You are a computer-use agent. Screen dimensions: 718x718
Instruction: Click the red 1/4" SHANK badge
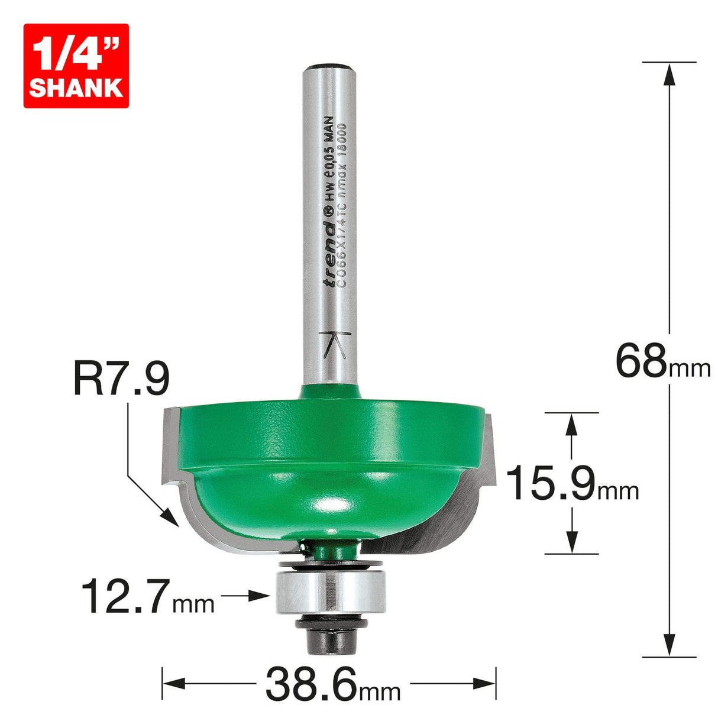tap(76, 66)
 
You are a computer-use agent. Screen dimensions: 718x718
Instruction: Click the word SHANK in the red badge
tap(76, 87)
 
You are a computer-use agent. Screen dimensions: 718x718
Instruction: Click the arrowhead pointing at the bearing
tap(260, 596)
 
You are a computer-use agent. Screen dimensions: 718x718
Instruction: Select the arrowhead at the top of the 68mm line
tap(669, 74)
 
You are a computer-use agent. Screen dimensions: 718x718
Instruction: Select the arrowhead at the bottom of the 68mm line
tap(669, 645)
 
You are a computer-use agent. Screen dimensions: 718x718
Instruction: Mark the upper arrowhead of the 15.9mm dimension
tap(571, 423)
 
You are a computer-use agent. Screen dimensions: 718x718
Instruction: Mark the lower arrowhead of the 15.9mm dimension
tap(571, 542)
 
